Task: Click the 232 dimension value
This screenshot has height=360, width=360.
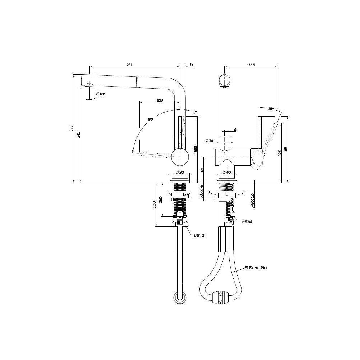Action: coord(130,65)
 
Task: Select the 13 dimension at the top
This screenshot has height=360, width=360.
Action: coord(191,65)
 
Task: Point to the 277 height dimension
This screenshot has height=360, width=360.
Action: coord(72,128)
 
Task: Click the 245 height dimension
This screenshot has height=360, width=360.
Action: coord(78,134)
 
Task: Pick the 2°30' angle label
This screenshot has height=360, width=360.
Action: coord(100,94)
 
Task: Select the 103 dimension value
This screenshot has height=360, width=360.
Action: coord(160,100)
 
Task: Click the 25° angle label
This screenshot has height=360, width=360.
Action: coord(271,108)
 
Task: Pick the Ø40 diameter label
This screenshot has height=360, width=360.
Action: coord(227,172)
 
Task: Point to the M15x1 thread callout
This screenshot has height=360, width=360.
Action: coord(247,221)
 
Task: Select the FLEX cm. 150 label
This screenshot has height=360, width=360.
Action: coord(256,268)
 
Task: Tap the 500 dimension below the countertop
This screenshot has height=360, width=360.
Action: coord(154,204)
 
